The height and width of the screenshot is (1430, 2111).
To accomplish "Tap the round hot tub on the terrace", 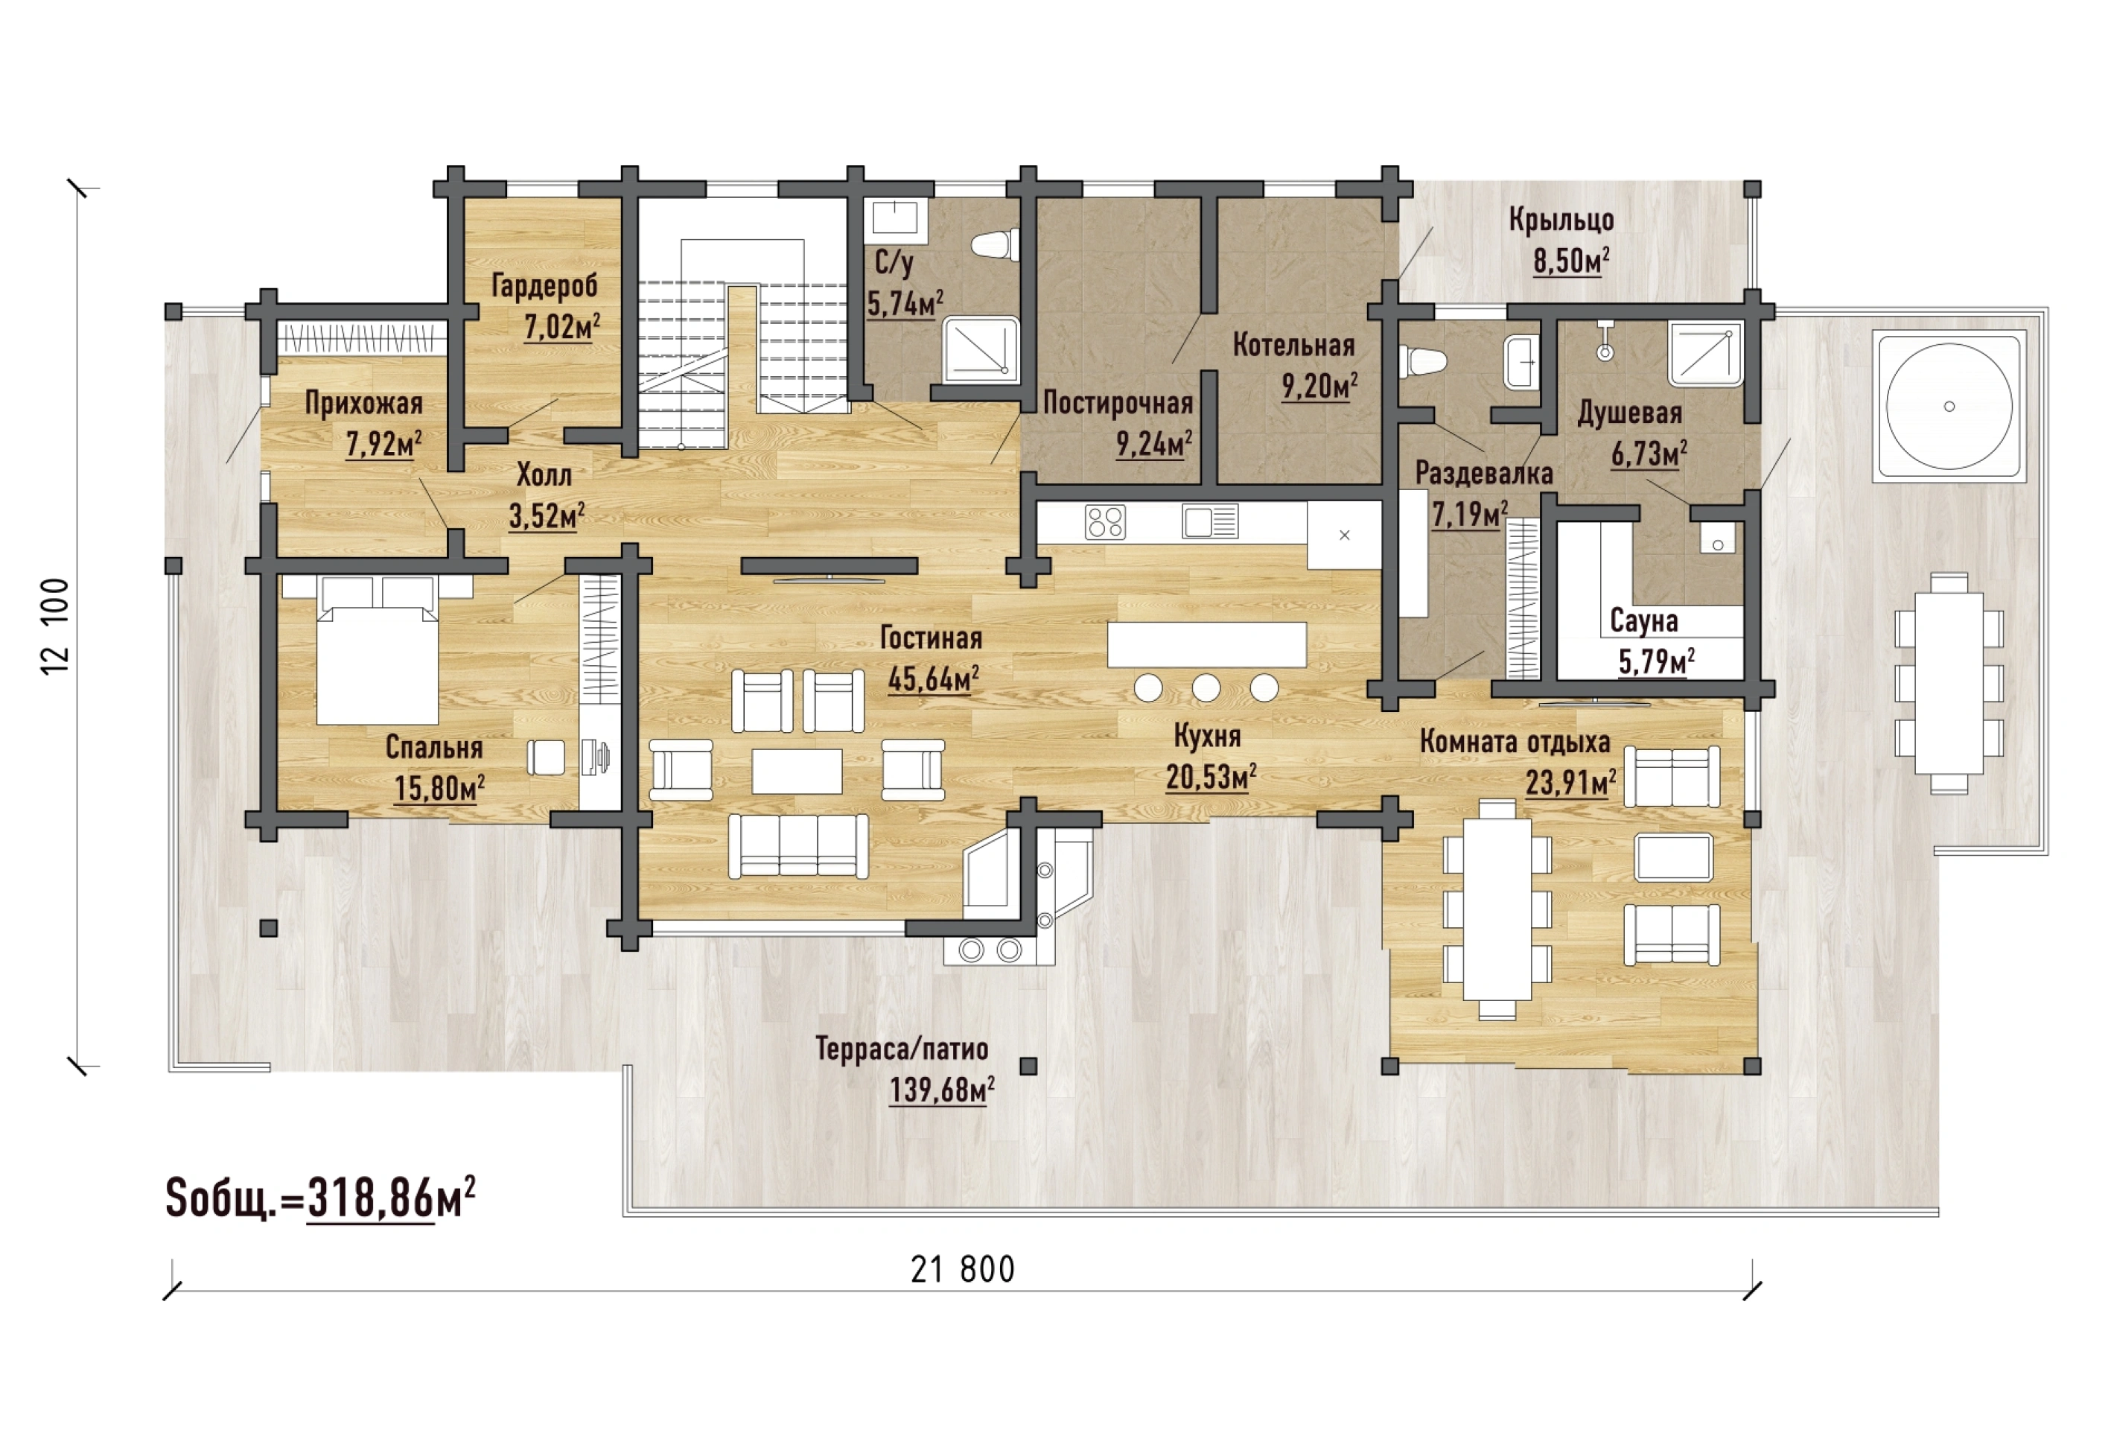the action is pos(1949,406).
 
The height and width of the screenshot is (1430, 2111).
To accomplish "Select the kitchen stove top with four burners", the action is pos(1104,522).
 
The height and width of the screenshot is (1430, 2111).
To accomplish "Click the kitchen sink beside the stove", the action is pos(1210,522).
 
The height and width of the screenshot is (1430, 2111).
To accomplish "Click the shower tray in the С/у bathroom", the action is pos(980,349).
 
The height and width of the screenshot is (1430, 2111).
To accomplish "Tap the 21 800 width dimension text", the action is pos(963,1269).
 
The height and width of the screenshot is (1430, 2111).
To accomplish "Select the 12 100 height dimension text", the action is pos(55,626).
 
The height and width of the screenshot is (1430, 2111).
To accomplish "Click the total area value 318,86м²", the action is pos(392,1198).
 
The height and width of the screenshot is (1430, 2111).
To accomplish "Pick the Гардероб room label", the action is pos(545,285).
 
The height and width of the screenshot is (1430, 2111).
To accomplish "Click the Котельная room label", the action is pos(1293,346).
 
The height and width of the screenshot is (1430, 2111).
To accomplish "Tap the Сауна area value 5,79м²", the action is pos(1656,661).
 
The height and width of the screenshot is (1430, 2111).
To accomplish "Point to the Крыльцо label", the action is pos(1561,220).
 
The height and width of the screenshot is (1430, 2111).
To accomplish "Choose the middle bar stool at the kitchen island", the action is pos(1206,687).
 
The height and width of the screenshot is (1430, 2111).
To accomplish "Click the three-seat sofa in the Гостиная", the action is pos(798,846).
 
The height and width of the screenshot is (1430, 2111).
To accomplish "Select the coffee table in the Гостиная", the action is pos(797,770).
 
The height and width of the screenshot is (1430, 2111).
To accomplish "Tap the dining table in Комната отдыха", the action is pos(1497,910).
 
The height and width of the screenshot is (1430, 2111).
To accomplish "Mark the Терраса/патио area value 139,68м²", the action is pos(941,1090).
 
